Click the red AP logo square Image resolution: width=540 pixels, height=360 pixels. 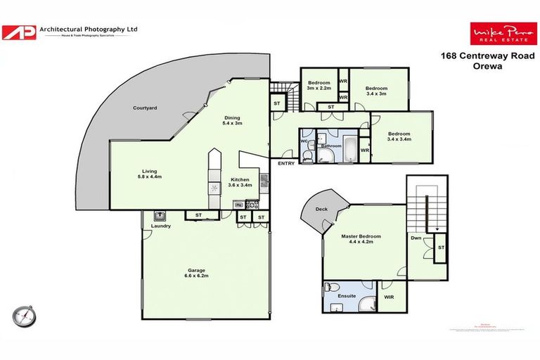tap(19, 32)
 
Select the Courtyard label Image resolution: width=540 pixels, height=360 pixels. tap(144, 109)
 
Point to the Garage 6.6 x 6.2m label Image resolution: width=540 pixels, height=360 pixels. tap(196, 273)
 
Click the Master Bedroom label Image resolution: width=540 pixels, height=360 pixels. tap(361, 240)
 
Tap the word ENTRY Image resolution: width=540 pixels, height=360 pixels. tap(286, 164)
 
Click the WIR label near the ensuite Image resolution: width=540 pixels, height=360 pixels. tap(389, 297)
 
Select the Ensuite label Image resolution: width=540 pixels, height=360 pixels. tap(347, 297)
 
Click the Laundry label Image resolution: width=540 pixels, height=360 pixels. tap(161, 226)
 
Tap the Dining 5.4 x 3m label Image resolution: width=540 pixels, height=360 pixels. tap(233, 121)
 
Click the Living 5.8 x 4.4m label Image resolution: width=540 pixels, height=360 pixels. tap(149, 173)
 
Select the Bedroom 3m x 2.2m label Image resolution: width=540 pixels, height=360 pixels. tap(319, 86)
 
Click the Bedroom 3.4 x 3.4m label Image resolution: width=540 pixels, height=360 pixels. tap(399, 136)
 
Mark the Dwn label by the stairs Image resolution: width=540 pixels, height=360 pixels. tap(416, 238)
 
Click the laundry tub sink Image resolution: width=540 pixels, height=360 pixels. tap(160, 216)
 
